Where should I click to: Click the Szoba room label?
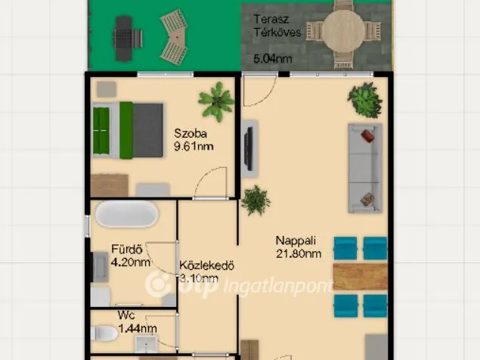pyautogui.click(x=190, y=134)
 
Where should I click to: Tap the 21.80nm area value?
pyautogui.click(x=299, y=254)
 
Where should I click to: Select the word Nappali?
pyautogui.click(x=296, y=241)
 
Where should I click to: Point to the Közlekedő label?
pyautogui.click(x=206, y=265)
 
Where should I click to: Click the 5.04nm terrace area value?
pyautogui.click(x=272, y=58)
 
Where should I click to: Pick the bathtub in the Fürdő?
pyautogui.click(x=127, y=214)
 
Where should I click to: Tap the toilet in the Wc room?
pyautogui.click(x=104, y=334)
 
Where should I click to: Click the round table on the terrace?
pyautogui.click(x=343, y=32)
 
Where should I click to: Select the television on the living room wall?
pyautogui.click(x=249, y=148)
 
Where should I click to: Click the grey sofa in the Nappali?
pyautogui.click(x=365, y=168)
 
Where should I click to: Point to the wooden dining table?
pyautogui.click(x=361, y=276)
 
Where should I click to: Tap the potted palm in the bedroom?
pyautogui.click(x=216, y=101)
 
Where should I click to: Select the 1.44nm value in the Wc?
pyautogui.click(x=138, y=328)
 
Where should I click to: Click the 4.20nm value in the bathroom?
pyautogui.click(x=131, y=262)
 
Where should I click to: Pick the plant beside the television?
pyautogui.click(x=255, y=200)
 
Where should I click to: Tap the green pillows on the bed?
pyautogui.click(x=101, y=131)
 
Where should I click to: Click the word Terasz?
pyautogui.click(x=271, y=20)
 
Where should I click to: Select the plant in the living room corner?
pyautogui.click(x=365, y=100)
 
